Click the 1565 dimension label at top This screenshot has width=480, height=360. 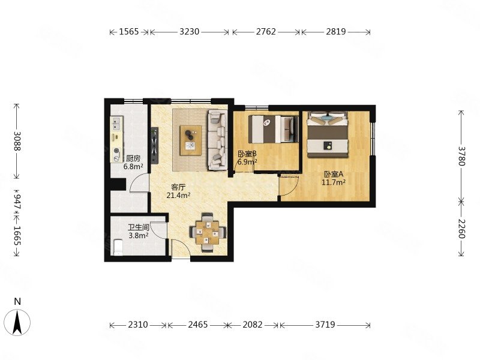(x=129, y=32)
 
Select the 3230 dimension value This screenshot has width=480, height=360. (x=189, y=32)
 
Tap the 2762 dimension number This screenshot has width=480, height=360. (x=266, y=32)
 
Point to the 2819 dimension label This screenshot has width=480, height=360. (x=335, y=32)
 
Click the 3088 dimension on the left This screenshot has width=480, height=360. (x=17, y=142)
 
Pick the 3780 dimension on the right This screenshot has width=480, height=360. (x=461, y=155)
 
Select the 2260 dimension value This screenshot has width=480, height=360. (x=461, y=228)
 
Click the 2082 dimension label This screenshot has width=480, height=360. (x=253, y=325)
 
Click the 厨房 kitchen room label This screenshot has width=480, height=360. (x=133, y=158)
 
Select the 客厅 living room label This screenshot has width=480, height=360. (x=178, y=187)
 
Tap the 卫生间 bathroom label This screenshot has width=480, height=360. (x=138, y=227)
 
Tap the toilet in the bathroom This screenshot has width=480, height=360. (x=118, y=247)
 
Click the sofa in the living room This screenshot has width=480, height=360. (x=216, y=139)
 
